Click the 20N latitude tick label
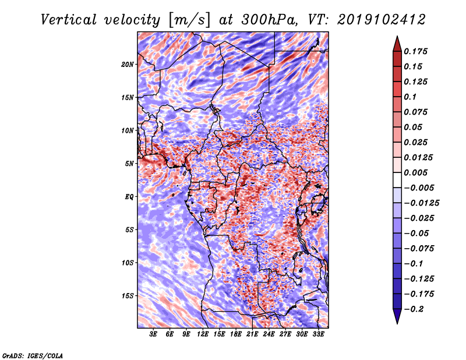[128, 64]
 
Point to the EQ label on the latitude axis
[129, 197]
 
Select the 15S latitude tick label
[128, 296]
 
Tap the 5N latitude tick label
[129, 164]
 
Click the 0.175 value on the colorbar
[417, 51]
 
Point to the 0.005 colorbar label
[417, 173]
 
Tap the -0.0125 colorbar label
[422, 203]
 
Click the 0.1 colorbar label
[411, 97]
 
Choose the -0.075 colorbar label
[419, 249]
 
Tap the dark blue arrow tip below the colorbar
[397, 320]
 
